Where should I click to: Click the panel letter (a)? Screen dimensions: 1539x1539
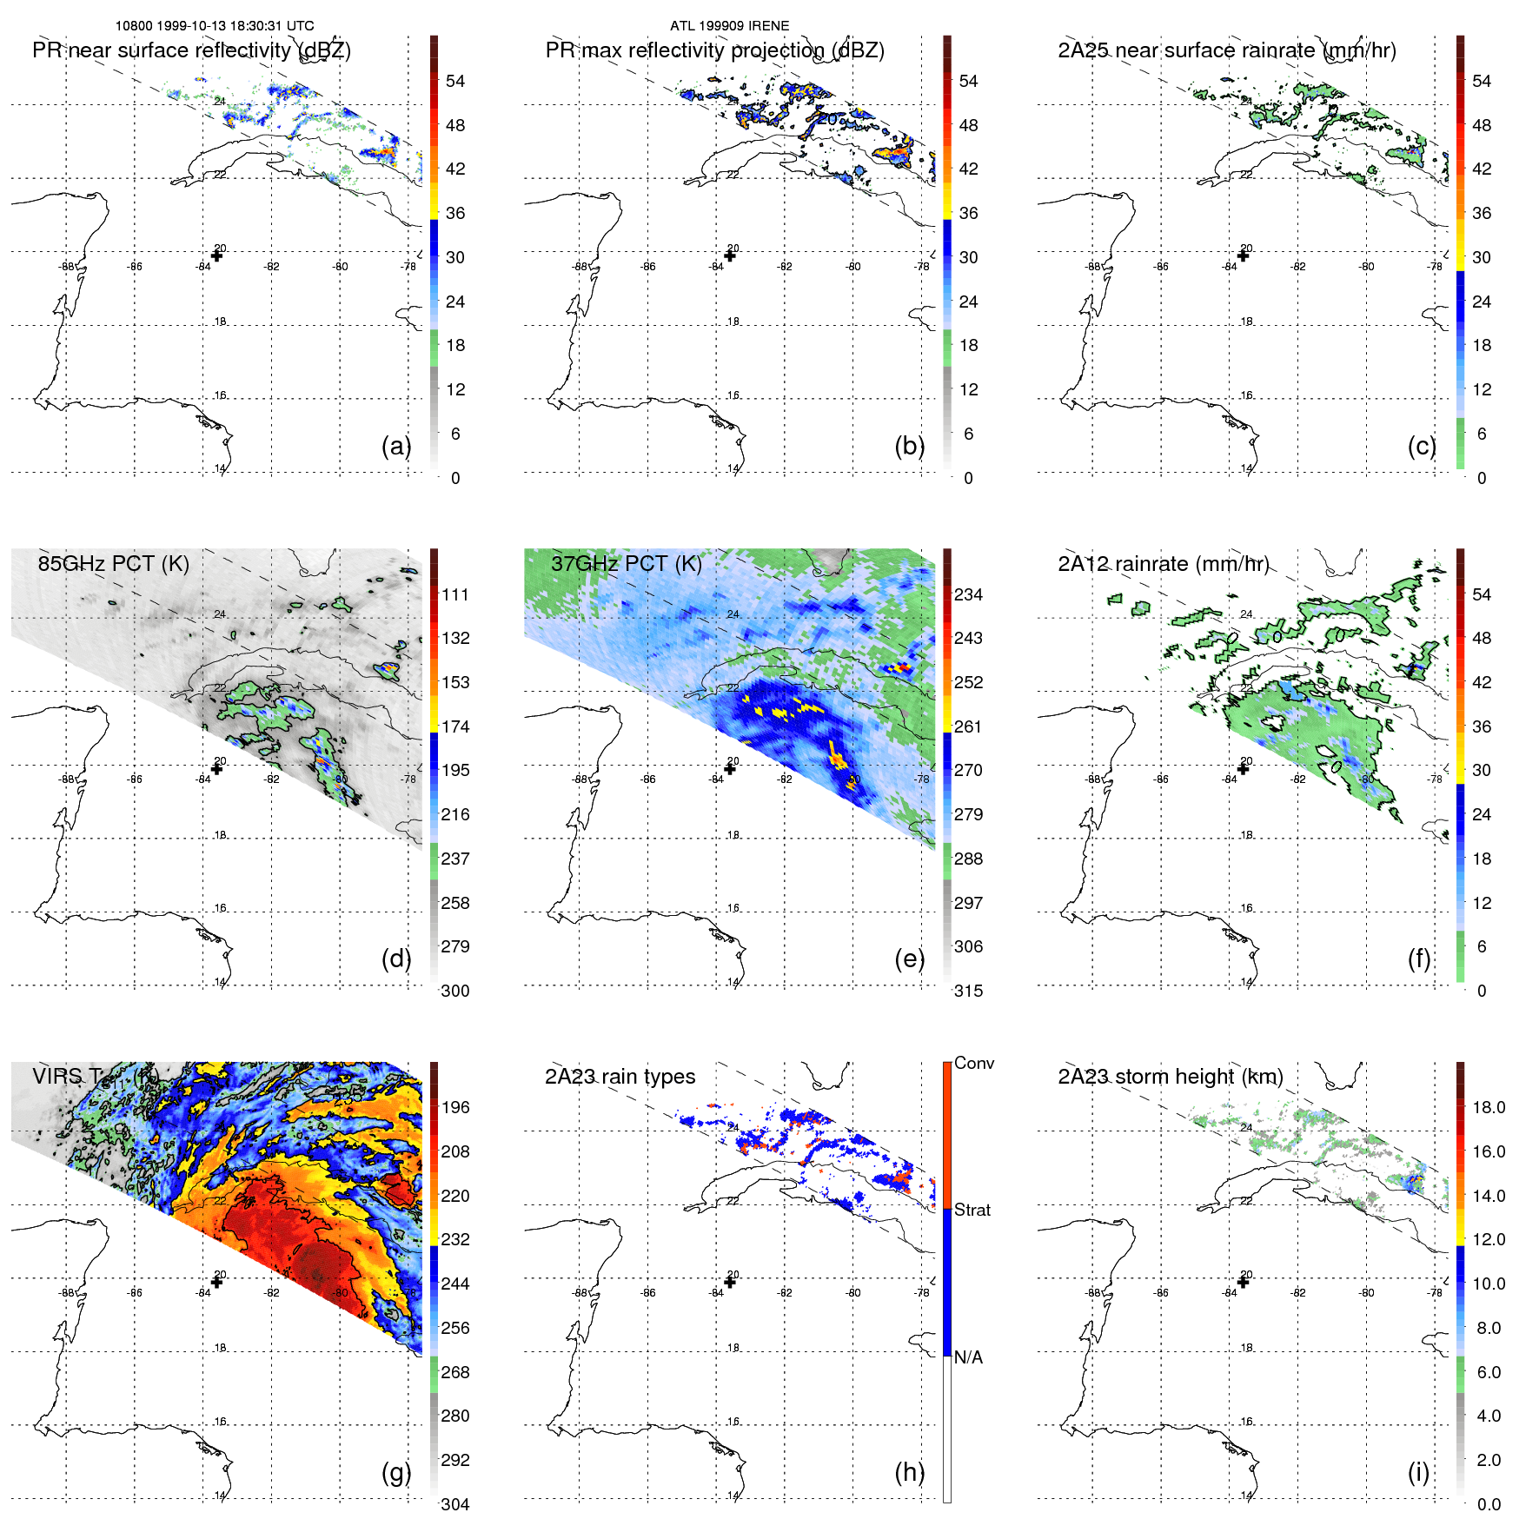click(x=396, y=447)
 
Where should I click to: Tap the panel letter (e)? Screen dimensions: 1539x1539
click(x=909, y=959)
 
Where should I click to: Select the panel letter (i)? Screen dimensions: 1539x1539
click(x=1418, y=1472)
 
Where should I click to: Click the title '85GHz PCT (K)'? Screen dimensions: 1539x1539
click(x=113, y=564)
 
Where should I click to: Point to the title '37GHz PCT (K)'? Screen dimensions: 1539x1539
click(x=626, y=564)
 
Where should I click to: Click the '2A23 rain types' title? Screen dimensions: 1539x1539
click(x=620, y=1077)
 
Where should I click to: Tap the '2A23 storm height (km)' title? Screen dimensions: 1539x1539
click(x=1171, y=1077)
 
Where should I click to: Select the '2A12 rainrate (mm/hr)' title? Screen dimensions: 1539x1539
click(x=1163, y=564)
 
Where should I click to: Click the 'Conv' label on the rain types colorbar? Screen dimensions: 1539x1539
click(x=974, y=1063)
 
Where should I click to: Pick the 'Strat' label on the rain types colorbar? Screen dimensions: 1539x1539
click(x=972, y=1210)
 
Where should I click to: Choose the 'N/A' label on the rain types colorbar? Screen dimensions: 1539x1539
click(x=968, y=1357)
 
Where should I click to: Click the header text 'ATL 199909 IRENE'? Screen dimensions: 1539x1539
click(x=730, y=26)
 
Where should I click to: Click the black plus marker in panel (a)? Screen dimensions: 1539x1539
click(x=216, y=255)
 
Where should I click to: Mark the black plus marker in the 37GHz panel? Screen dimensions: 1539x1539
click(x=730, y=768)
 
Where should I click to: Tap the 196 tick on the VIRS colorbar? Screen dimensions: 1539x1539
click(x=455, y=1107)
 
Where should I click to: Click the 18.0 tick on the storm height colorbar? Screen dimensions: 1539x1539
click(x=1489, y=1107)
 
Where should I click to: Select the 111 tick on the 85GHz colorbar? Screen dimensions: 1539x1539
click(x=455, y=594)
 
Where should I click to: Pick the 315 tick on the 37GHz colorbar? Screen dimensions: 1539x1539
click(x=968, y=991)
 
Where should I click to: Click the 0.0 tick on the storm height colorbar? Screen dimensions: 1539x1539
click(x=1489, y=1504)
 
